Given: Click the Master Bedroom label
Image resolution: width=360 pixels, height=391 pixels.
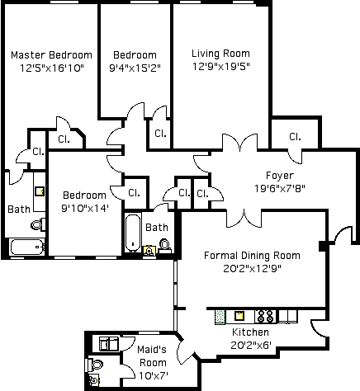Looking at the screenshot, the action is pos(51,55).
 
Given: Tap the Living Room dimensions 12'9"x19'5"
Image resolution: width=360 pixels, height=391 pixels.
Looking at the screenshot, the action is pos(220,67).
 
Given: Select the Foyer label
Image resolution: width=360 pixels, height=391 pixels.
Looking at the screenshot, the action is pos(280,176).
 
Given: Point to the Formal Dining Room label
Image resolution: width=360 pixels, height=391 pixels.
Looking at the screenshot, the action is pos(252,256).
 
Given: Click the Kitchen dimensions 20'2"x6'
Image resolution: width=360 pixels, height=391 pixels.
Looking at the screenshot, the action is pos(251,345).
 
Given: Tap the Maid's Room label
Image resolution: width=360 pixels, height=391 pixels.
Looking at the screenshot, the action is pos(152,356).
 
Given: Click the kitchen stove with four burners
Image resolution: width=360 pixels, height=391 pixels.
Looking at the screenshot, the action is pos(266,316).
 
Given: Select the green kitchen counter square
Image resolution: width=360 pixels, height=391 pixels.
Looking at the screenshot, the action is pos(220,316).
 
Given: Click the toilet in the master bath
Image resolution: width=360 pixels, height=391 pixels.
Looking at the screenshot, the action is pos(38,224).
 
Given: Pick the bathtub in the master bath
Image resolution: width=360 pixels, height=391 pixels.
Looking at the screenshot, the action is pos(27,247).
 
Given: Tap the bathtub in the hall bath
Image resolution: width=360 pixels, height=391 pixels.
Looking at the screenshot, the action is pos(133,233).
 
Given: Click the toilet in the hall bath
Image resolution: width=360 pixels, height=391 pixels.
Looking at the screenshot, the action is pos(165,246).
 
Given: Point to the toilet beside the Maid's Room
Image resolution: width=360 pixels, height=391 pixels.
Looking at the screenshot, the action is pos(95,365).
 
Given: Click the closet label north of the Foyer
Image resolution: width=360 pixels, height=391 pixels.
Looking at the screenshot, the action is pos(295,137).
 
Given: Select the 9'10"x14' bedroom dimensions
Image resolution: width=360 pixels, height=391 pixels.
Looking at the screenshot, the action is pos(85,209).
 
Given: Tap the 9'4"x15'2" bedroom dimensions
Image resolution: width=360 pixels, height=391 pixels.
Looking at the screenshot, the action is pos(135,68).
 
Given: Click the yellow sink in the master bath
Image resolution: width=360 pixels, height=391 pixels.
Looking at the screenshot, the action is pos(40,191).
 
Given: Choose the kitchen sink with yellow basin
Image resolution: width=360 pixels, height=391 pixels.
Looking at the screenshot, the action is pos(239,316).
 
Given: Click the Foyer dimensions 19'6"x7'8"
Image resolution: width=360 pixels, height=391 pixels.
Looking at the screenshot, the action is pos(280,189).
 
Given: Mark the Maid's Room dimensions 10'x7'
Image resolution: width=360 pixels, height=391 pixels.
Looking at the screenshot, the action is pos(154,375).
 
